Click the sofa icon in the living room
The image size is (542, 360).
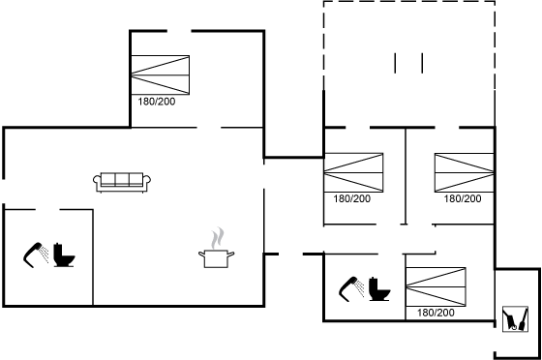(122, 182)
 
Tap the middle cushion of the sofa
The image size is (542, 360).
(122, 179)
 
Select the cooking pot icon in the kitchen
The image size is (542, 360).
(217, 258)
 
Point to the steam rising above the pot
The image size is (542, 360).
(218, 238)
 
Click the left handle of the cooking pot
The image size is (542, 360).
(201, 255)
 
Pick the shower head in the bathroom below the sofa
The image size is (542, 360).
(36, 255)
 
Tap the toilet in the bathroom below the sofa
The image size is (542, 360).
(64, 255)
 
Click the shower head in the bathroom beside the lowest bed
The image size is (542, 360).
(351, 288)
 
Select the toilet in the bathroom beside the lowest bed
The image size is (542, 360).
(379, 288)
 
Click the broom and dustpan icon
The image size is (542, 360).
(515, 319)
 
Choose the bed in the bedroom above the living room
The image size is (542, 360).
(161, 75)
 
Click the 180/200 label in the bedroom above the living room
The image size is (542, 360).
(157, 102)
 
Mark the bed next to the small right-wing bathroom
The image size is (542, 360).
(436, 286)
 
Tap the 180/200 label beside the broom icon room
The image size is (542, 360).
(436, 313)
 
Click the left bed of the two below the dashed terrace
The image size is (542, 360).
(353, 172)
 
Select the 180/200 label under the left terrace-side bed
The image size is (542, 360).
(352, 198)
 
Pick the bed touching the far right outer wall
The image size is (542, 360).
(465, 172)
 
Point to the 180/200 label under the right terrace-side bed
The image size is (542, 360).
(463, 198)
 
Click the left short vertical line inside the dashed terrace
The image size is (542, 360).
(395, 63)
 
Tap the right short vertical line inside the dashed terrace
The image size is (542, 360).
(422, 63)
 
